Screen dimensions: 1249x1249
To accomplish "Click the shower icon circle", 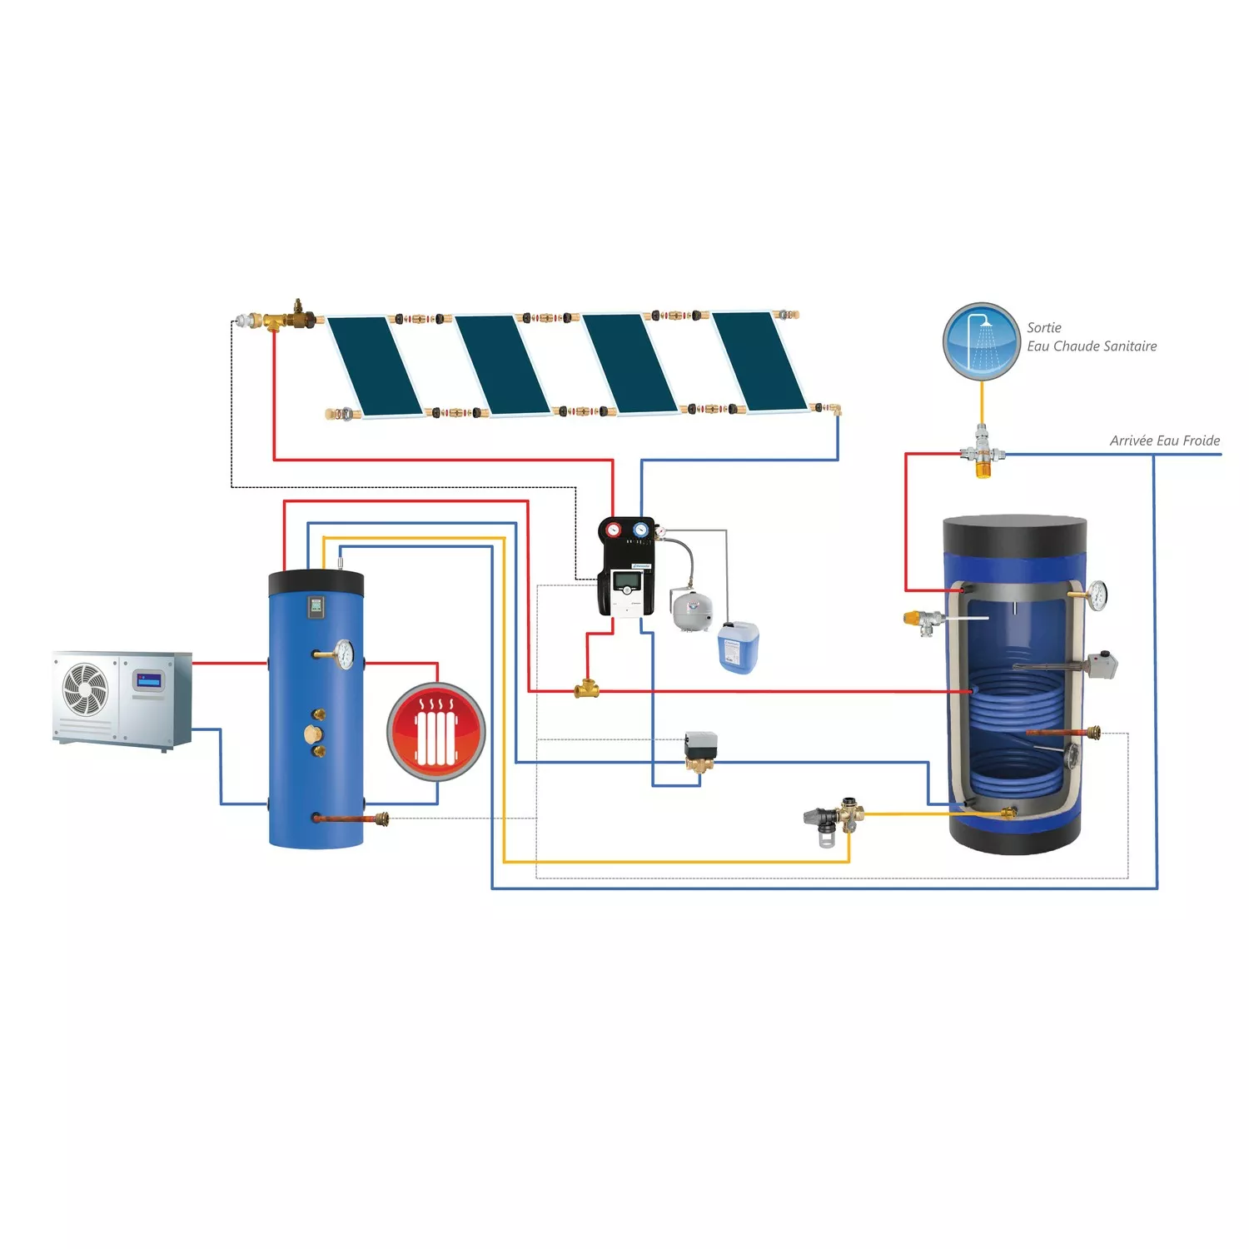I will [982, 341].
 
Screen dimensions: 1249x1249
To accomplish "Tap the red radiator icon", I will [435, 731].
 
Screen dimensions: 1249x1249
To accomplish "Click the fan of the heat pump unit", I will [86, 689].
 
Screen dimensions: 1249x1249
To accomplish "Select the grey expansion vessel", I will [692, 610].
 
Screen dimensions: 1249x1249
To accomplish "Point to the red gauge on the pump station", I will [614, 530].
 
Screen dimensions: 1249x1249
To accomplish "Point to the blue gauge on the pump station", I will [640, 530].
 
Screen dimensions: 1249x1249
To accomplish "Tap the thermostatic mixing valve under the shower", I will [983, 454].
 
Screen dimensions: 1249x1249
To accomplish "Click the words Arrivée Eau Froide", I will [1164, 440].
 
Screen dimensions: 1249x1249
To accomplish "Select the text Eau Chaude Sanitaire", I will [1092, 346].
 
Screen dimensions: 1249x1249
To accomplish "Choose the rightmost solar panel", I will [759, 361].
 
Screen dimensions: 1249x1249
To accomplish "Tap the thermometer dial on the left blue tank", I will [344, 654].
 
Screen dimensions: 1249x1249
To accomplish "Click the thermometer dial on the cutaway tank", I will [1097, 595].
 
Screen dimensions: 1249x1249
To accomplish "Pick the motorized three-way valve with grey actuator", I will [700, 747].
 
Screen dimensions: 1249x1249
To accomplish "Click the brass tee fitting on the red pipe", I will [586, 689].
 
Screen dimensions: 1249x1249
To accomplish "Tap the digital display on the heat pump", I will [149, 680].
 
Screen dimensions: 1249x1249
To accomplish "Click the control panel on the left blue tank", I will [316, 606].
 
